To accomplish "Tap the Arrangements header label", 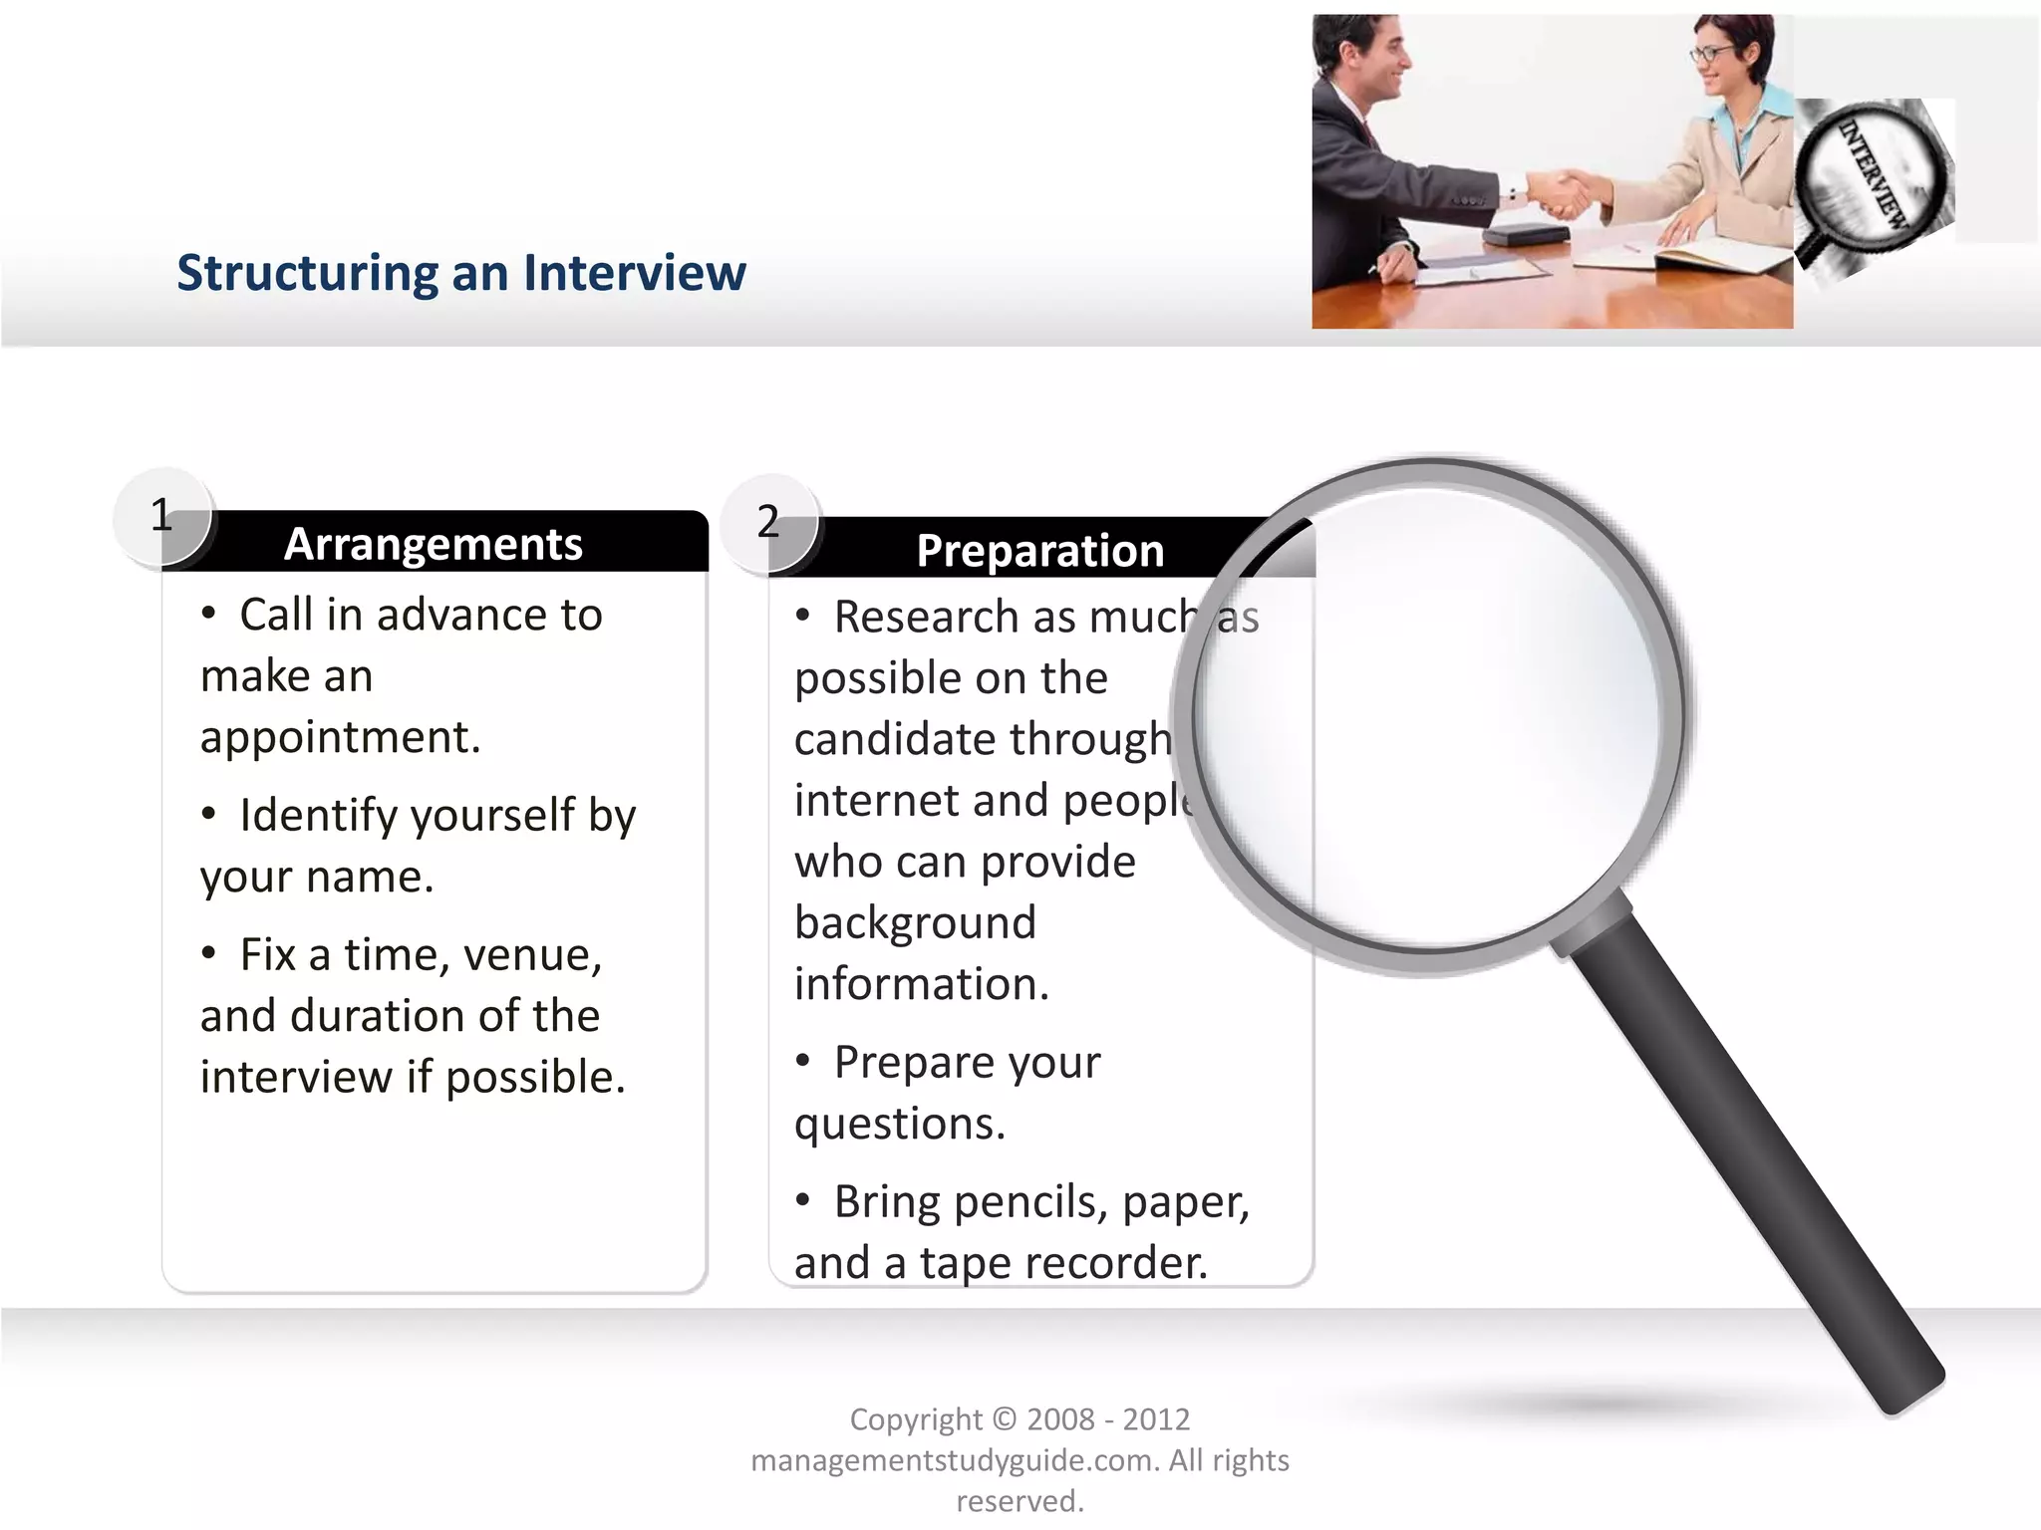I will (x=433, y=544).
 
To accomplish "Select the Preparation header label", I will (x=1039, y=551).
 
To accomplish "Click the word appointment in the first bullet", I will (x=340, y=738).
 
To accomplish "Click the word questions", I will (x=899, y=1125).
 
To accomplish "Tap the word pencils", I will (x=1030, y=1202).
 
